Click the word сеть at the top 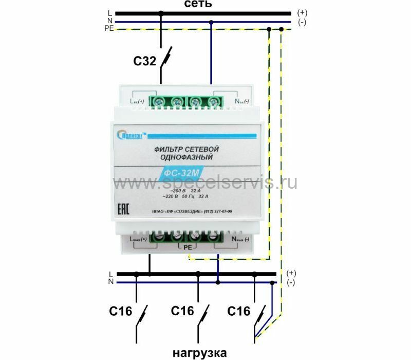pos(198,4)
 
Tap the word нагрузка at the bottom pos(199,353)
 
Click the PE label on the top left pos(109,29)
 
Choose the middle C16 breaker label pos(182,311)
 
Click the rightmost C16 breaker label pos(238,311)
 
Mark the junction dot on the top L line pos(161,13)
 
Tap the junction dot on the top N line pos(211,22)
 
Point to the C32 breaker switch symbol pos(165,58)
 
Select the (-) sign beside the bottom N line pos(291,283)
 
